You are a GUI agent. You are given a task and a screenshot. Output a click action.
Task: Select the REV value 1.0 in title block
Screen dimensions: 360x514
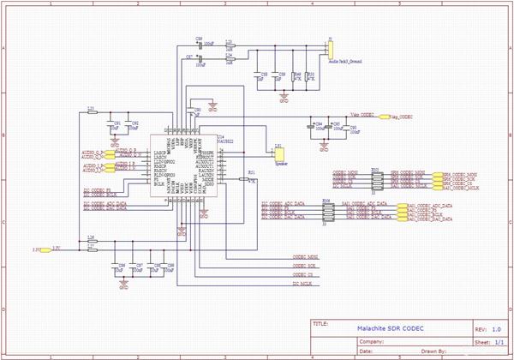[496, 329]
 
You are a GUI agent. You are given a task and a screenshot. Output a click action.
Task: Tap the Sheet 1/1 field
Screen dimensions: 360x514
[496, 340]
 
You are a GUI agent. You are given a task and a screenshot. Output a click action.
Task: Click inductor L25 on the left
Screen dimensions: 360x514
[91, 112]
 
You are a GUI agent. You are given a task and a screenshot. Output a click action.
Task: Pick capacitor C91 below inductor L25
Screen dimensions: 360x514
[116, 124]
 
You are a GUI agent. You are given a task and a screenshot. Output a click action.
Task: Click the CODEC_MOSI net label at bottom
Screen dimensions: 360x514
[306, 257]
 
